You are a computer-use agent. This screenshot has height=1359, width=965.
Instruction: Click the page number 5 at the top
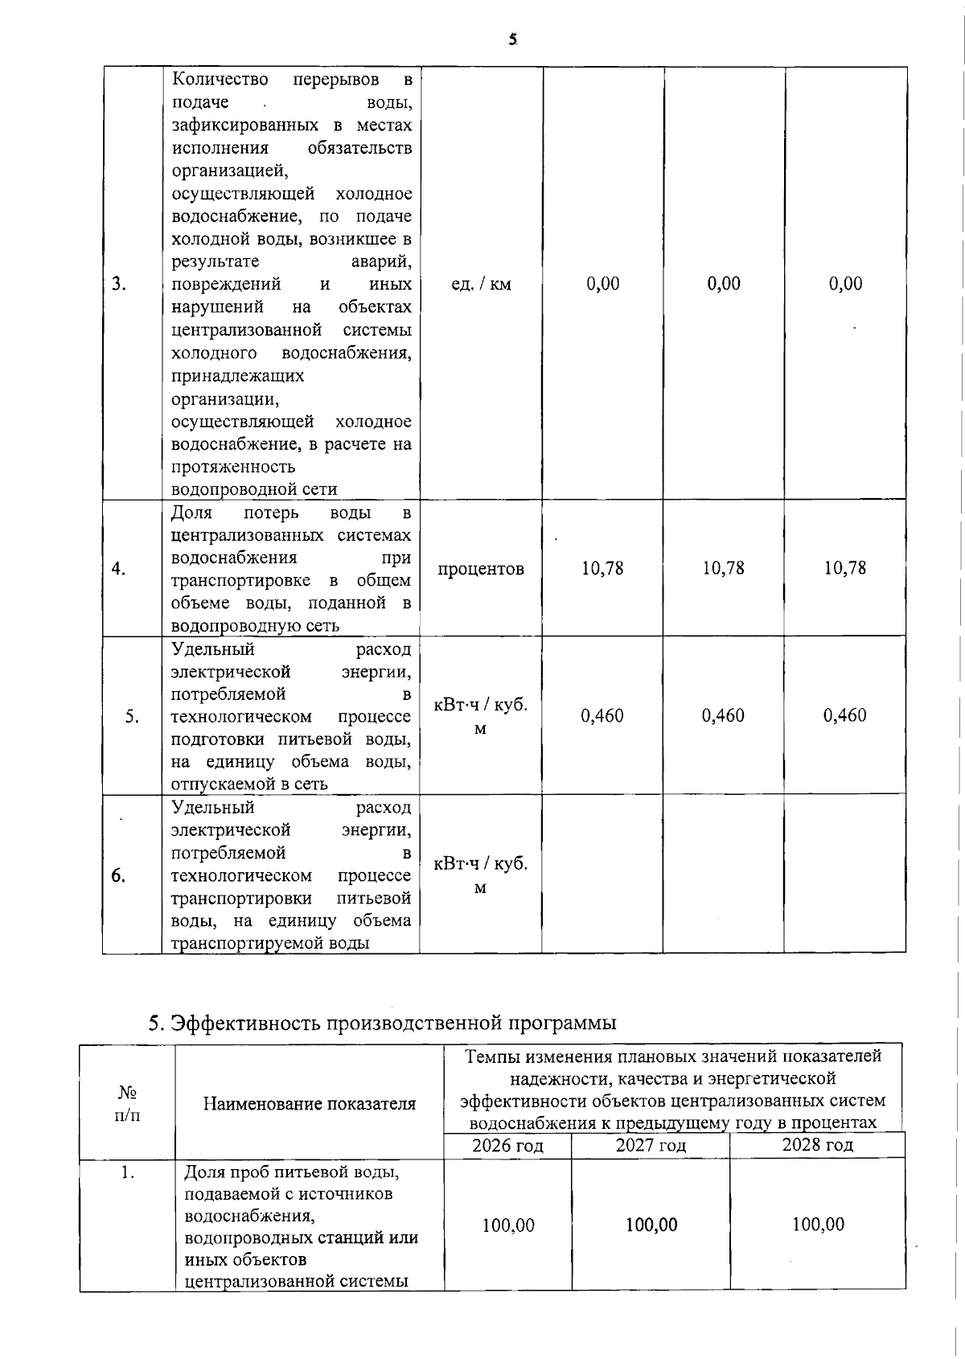(x=512, y=39)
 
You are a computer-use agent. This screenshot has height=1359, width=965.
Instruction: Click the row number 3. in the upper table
(x=119, y=284)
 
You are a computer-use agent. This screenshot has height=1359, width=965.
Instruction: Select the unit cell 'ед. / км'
(x=481, y=284)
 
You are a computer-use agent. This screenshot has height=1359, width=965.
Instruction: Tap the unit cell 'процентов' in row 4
(x=481, y=569)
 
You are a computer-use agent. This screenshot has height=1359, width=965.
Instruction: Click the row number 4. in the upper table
(x=119, y=569)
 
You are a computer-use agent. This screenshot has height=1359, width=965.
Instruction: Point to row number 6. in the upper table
(x=118, y=875)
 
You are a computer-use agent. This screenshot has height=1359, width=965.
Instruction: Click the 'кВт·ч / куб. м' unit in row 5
(x=481, y=716)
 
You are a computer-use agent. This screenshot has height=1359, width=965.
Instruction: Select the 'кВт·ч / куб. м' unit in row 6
(x=481, y=875)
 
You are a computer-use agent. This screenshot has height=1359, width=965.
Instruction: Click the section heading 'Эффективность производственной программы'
(x=383, y=1023)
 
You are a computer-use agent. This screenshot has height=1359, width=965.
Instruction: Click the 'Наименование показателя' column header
(x=310, y=1104)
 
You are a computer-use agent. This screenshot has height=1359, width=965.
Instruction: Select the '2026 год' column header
(x=507, y=1145)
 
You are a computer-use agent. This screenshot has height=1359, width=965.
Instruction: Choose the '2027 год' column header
(x=651, y=1145)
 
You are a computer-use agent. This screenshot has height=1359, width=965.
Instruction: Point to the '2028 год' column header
(x=817, y=1144)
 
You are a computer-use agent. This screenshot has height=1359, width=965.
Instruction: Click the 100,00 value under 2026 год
(x=508, y=1225)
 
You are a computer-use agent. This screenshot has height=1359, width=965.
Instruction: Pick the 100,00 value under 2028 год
(x=818, y=1225)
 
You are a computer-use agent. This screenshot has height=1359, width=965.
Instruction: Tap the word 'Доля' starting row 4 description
(x=192, y=513)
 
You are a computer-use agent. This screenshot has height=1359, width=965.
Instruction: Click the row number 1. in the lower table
(x=127, y=1172)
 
